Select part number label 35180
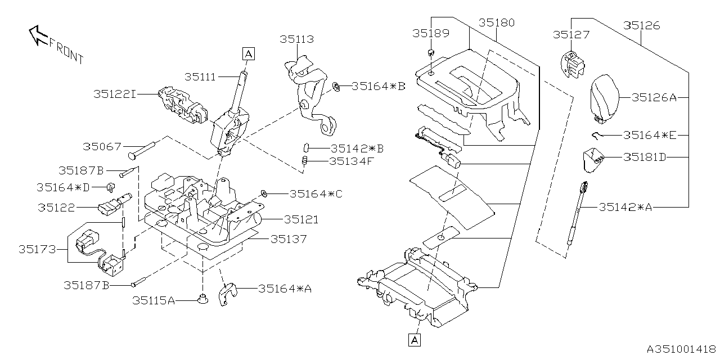496,23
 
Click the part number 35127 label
571,35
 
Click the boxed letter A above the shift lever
249,53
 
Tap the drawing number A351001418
679,349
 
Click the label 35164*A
285,289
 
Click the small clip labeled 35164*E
598,134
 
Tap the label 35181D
644,157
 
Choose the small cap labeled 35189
430,53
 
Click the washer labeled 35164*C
263,194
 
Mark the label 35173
37,249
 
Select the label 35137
289,239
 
